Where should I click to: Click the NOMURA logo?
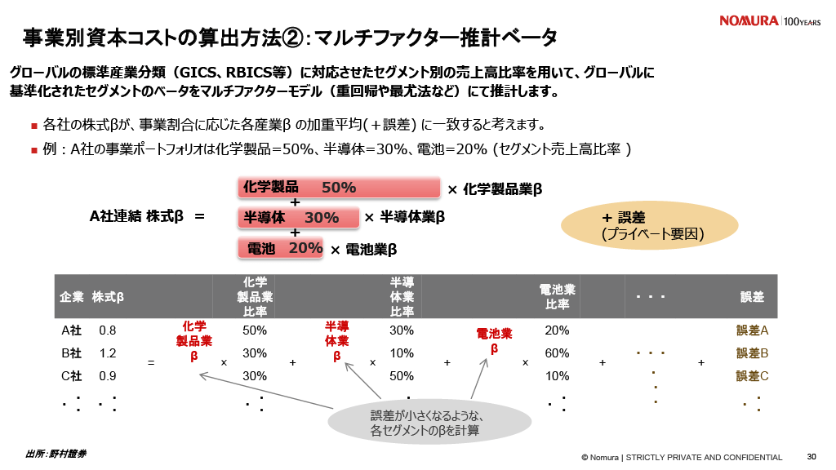click(749, 20)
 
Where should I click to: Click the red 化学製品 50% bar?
click(340, 188)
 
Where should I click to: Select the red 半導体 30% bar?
click(299, 218)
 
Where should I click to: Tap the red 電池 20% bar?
click(282, 248)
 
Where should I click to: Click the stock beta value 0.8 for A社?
click(107, 330)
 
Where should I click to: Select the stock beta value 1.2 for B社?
click(107, 353)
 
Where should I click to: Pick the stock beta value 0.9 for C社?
click(107, 376)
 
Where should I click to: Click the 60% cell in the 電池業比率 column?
click(557, 353)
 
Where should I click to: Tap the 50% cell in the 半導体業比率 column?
click(401, 376)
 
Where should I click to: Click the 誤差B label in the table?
click(753, 353)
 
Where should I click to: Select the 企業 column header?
click(72, 297)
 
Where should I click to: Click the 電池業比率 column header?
click(558, 297)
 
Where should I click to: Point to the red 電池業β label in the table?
click(494, 340)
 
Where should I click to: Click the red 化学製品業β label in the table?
click(194, 340)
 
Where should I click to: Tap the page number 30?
click(811, 456)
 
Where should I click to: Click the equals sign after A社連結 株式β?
click(199, 217)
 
